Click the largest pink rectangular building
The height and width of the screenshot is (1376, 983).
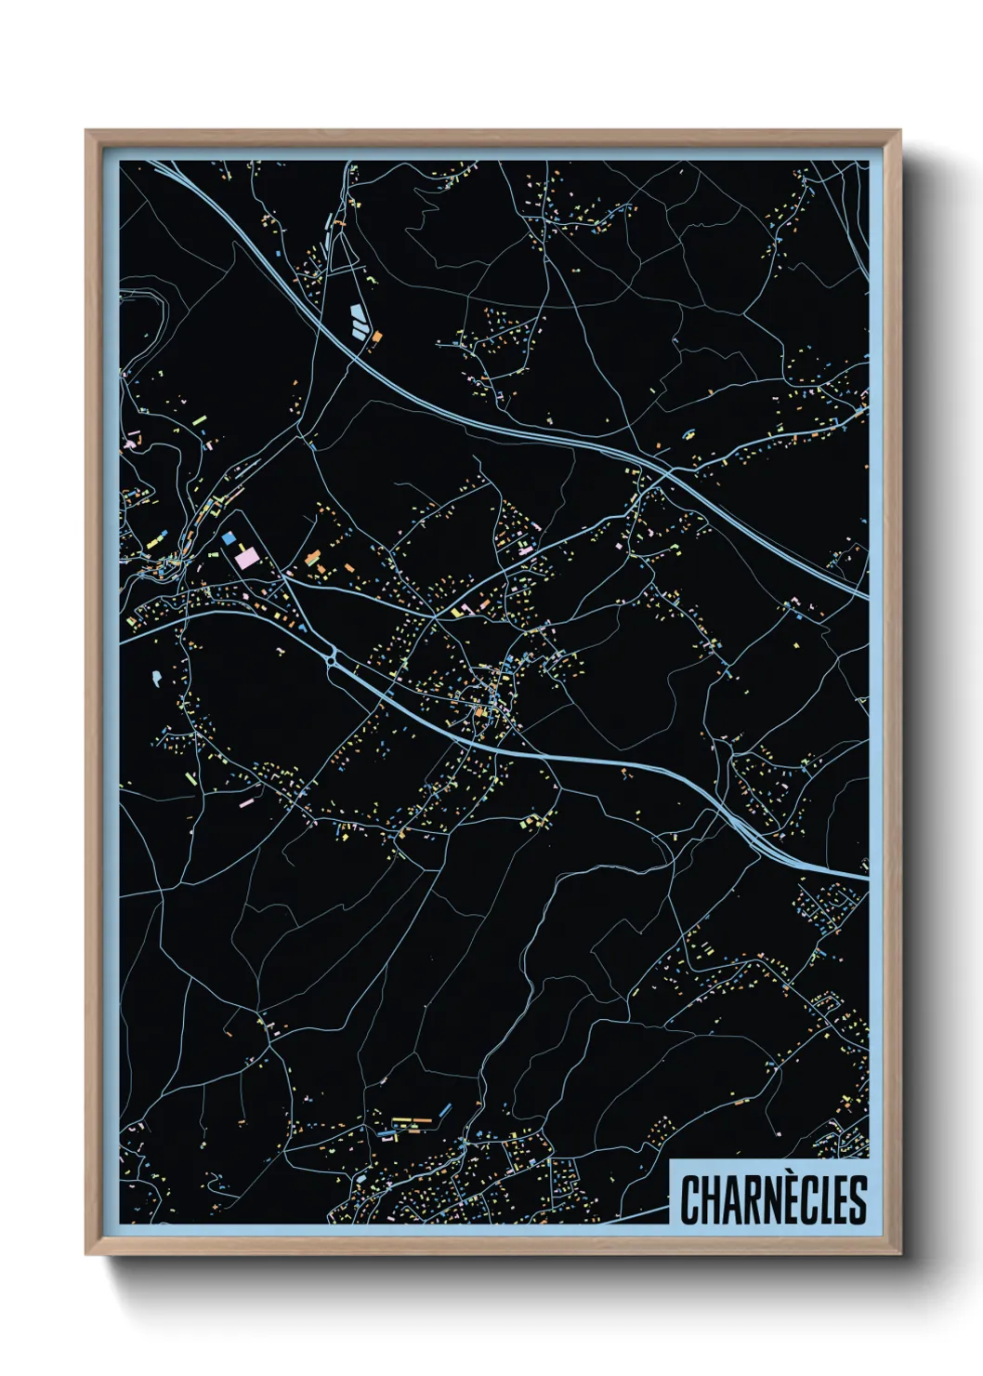[x=247, y=557]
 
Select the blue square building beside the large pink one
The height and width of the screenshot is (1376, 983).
[x=229, y=537]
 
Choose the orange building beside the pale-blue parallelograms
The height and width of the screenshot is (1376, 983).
[x=376, y=336]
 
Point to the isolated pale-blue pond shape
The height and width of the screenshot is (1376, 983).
[x=155, y=678]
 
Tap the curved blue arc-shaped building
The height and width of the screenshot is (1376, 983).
[x=688, y=432]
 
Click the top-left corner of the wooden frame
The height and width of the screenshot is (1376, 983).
[x=87, y=132]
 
